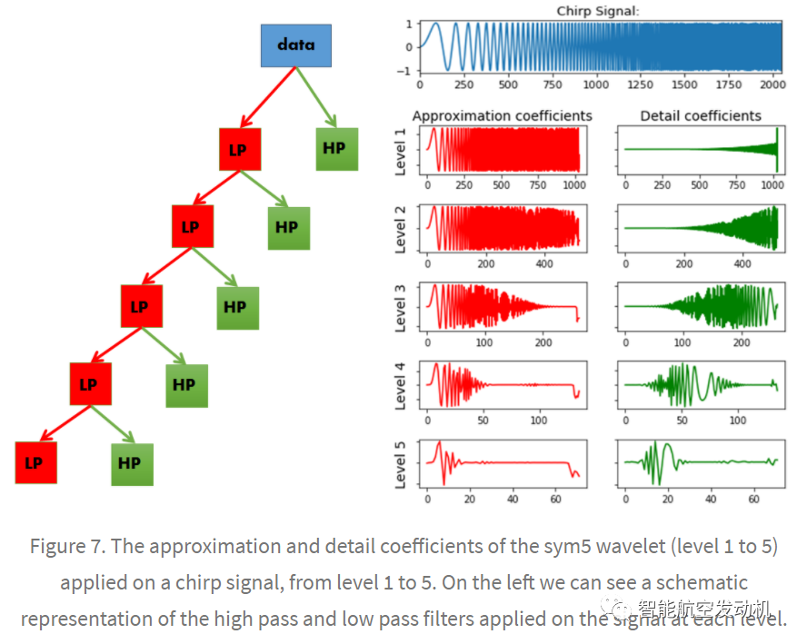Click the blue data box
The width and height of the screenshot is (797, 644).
pos(295,45)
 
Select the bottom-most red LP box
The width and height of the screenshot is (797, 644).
pos(35,462)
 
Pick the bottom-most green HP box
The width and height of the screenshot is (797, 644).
pos(131,463)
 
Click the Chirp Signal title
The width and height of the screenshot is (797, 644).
pos(598,10)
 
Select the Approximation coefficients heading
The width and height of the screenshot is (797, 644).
pos(502,115)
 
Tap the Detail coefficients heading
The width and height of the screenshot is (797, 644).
pos(701,115)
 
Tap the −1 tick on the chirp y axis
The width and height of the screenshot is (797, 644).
pos(409,71)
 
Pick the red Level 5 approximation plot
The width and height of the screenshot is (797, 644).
pos(502,464)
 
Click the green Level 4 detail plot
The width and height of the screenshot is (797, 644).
pos(700,385)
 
